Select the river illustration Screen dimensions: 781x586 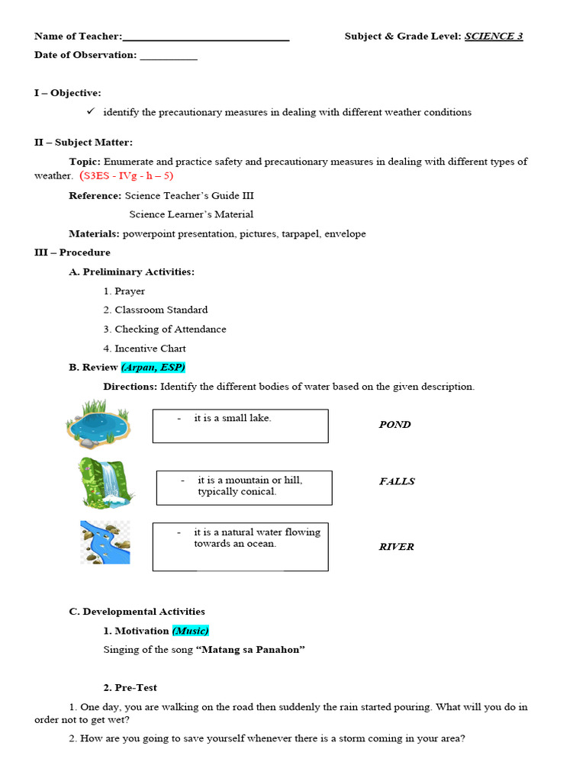(x=105, y=542)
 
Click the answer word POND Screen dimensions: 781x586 (x=394, y=425)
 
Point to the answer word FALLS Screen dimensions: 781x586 (x=397, y=481)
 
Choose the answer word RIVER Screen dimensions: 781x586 (x=396, y=547)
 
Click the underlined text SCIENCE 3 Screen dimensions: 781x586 (x=494, y=37)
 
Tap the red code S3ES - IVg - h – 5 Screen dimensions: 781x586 (x=127, y=176)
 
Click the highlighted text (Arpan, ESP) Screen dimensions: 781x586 (x=153, y=368)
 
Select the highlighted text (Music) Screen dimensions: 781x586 (x=190, y=631)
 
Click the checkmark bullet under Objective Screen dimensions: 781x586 (x=89, y=111)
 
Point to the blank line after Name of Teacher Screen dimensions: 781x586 (x=205, y=38)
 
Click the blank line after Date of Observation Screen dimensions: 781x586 (x=169, y=56)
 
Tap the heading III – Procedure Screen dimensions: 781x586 (x=72, y=252)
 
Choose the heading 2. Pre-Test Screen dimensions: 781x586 (x=130, y=688)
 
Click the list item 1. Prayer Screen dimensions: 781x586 (x=124, y=291)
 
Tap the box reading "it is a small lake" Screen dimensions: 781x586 (x=240, y=426)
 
